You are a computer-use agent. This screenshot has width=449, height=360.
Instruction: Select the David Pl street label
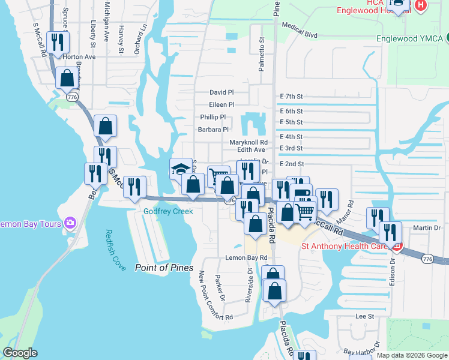tap(221, 93)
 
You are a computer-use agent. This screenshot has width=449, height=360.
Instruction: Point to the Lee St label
tap(364, 316)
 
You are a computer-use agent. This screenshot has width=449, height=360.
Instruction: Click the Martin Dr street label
tap(427, 227)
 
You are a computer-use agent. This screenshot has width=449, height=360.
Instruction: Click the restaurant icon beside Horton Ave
tap(58, 41)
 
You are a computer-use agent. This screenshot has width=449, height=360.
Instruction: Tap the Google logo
tap(20, 353)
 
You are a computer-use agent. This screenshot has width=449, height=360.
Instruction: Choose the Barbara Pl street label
tap(213, 129)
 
